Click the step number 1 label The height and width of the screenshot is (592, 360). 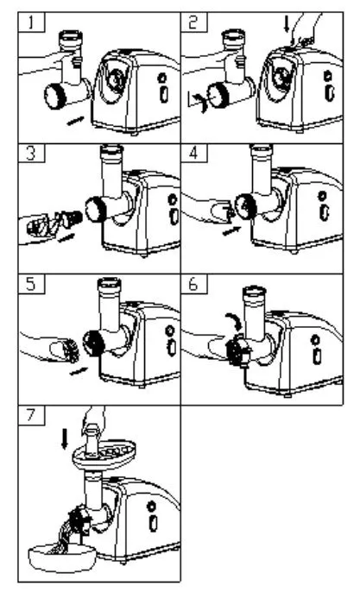tap(31, 22)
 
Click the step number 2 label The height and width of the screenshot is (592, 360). tap(193, 22)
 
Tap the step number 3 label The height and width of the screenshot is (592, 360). tap(31, 153)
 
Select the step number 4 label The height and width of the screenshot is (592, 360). tap(193, 153)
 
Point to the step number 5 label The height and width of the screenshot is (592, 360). tap(31, 284)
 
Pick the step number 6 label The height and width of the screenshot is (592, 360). tap(193, 284)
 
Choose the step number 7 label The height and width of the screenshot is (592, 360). tap(31, 415)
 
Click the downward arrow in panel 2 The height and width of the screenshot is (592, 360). tap(286, 23)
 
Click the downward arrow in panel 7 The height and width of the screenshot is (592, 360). tap(65, 438)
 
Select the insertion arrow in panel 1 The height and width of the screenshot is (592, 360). tap(76, 120)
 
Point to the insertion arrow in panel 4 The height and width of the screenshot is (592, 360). tap(232, 230)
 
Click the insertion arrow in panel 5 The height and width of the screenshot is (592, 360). tap(79, 371)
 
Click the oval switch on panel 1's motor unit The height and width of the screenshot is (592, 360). tap(163, 94)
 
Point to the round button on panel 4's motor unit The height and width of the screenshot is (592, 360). tap(322, 196)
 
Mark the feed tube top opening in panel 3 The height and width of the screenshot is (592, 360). tap(112, 148)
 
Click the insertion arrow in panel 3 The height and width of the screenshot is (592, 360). tap(66, 237)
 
